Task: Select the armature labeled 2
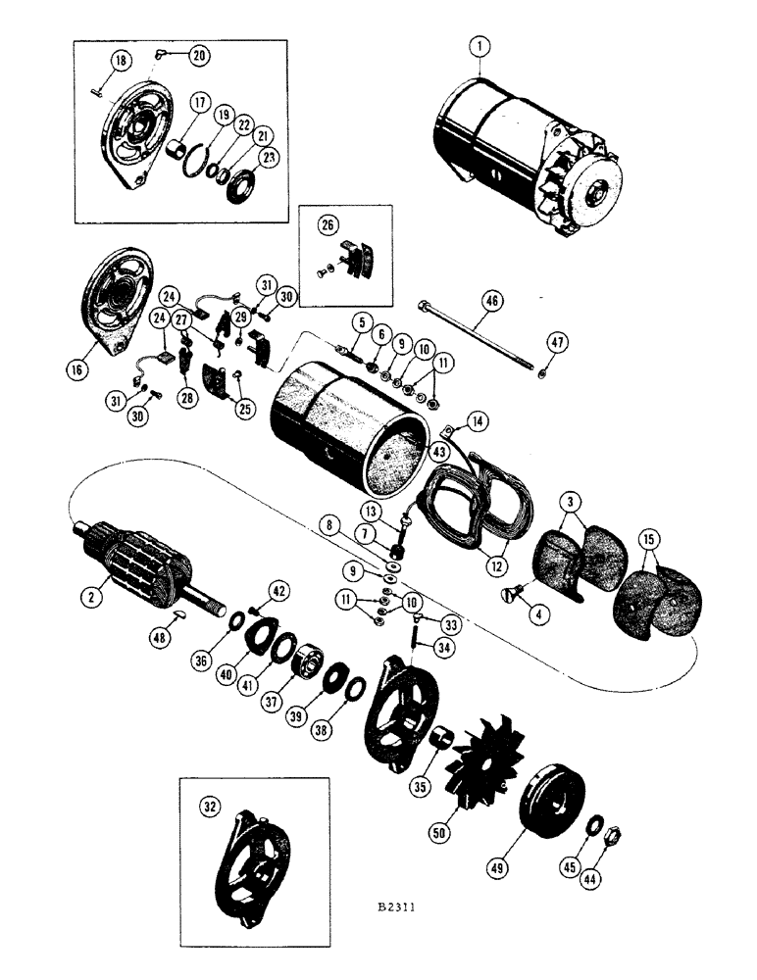(147, 566)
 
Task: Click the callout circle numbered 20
(199, 55)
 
